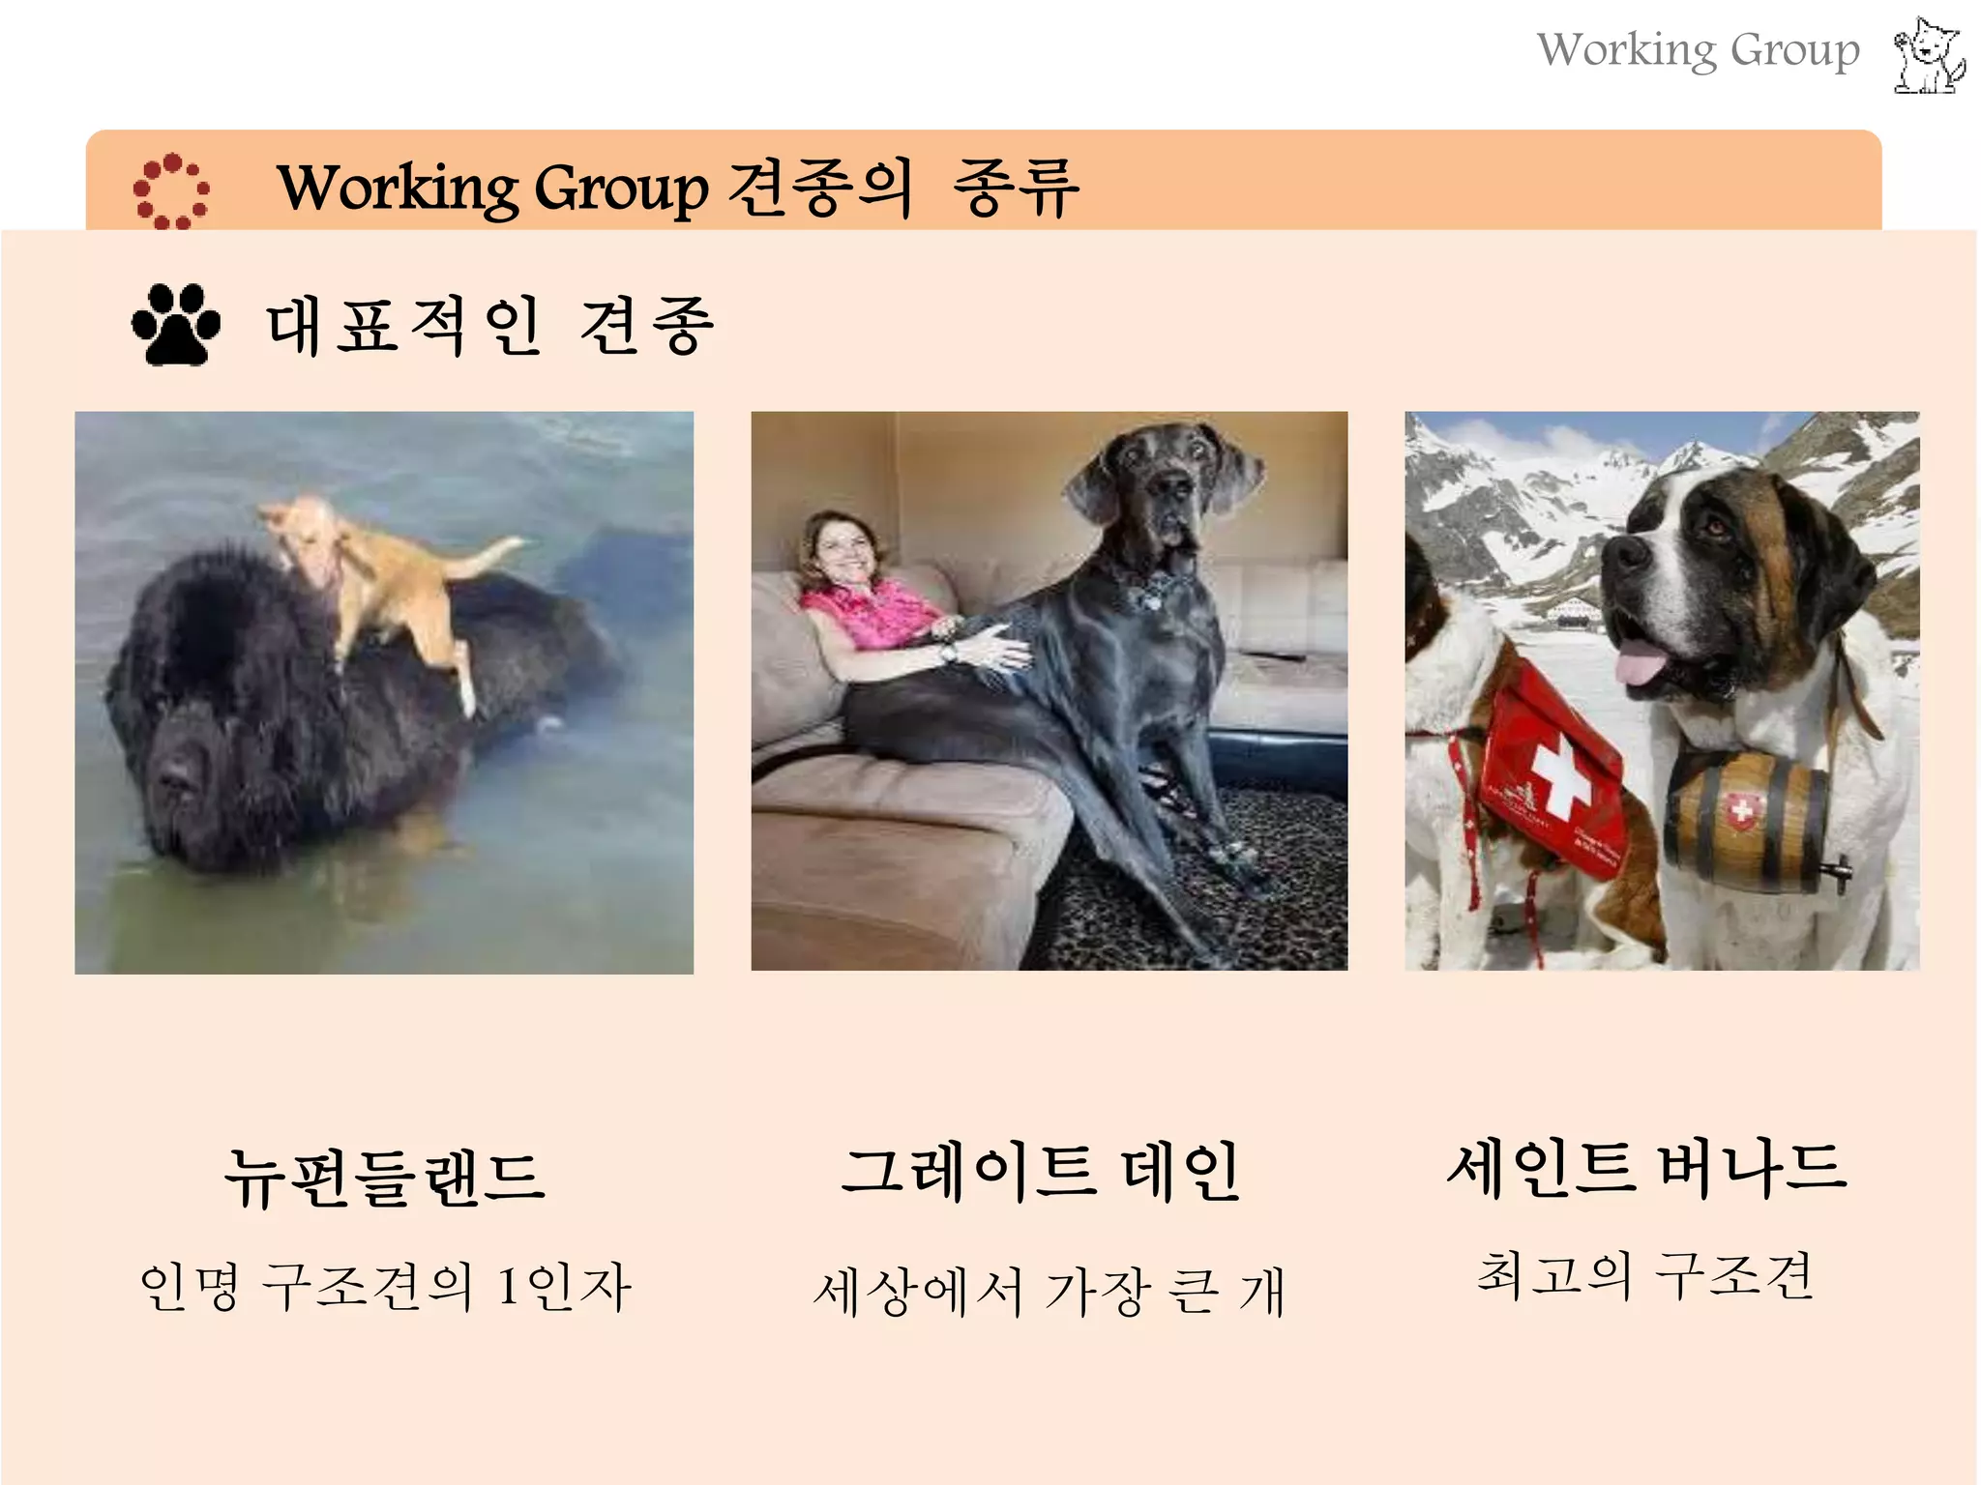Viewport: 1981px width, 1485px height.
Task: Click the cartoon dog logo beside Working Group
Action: pyautogui.click(x=1929, y=56)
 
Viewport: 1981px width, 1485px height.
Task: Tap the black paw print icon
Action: pyautogui.click(x=175, y=325)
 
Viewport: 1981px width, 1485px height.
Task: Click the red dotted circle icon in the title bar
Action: pyautogui.click(x=171, y=190)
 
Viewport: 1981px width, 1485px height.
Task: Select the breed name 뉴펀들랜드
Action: pyautogui.click(x=385, y=1178)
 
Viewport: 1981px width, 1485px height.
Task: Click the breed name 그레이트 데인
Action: pyautogui.click(x=1040, y=1171)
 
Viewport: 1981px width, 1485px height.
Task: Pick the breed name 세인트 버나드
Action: pyautogui.click(x=1646, y=1167)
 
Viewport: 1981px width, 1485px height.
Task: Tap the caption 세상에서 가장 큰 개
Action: pyautogui.click(x=1050, y=1291)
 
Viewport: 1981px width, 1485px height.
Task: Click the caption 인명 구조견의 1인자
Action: pyautogui.click(x=385, y=1287)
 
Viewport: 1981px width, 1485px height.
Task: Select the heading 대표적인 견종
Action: pyautogui.click(x=489, y=326)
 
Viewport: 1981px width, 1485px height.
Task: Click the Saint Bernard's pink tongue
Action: pyautogui.click(x=1644, y=667)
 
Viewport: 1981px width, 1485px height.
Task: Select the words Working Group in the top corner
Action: pyautogui.click(x=1698, y=50)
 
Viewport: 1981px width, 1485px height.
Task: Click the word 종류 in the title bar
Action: pyautogui.click(x=1016, y=188)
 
